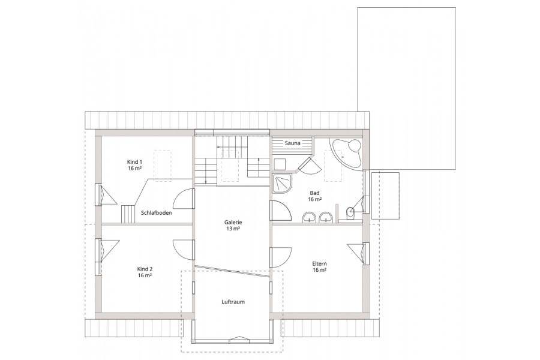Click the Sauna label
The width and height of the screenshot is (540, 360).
tap(292, 143)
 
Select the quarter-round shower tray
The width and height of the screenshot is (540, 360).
tap(282, 184)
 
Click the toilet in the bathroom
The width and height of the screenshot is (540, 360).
tap(350, 213)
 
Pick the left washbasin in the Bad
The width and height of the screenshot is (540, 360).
tap(309, 217)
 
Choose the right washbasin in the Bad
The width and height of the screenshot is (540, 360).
tap(325, 217)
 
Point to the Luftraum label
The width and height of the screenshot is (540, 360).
tap(233, 302)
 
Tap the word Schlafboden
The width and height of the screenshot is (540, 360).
tap(157, 213)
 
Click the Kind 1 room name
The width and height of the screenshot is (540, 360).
tap(134, 162)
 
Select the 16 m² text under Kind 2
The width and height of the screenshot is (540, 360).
tap(145, 275)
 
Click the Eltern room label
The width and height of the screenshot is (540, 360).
tap(320, 263)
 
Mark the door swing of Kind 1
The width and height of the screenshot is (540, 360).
tap(184, 199)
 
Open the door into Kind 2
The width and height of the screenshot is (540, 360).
tap(184, 250)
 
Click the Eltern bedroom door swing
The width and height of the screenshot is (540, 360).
tap(281, 257)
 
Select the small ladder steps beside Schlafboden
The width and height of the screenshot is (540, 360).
tap(127, 214)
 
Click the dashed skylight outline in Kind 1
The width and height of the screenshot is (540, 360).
tap(162, 166)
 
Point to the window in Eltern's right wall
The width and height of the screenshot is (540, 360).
tap(366, 254)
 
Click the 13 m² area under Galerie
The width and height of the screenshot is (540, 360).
tap(233, 229)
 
